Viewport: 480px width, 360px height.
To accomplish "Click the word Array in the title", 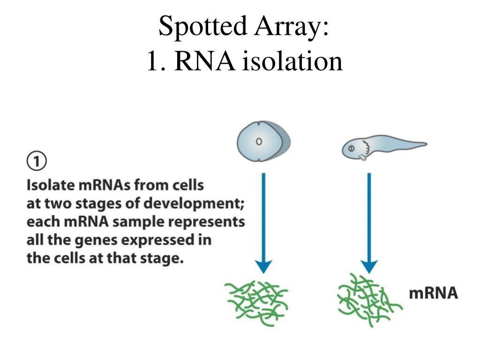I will click(x=290, y=26).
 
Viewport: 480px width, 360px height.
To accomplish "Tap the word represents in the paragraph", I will click(x=210, y=222).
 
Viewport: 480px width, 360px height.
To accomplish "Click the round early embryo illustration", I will click(x=263, y=141).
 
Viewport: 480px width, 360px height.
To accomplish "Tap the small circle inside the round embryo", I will click(x=258, y=141).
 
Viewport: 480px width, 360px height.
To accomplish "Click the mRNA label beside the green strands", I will click(x=433, y=294).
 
